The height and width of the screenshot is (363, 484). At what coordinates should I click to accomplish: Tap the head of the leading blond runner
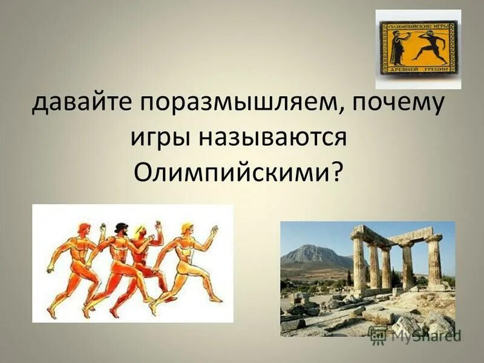tap(185, 229)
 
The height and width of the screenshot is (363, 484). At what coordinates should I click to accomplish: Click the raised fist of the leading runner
tap(214, 229)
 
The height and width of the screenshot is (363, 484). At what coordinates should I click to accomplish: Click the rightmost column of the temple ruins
tap(434, 260)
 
